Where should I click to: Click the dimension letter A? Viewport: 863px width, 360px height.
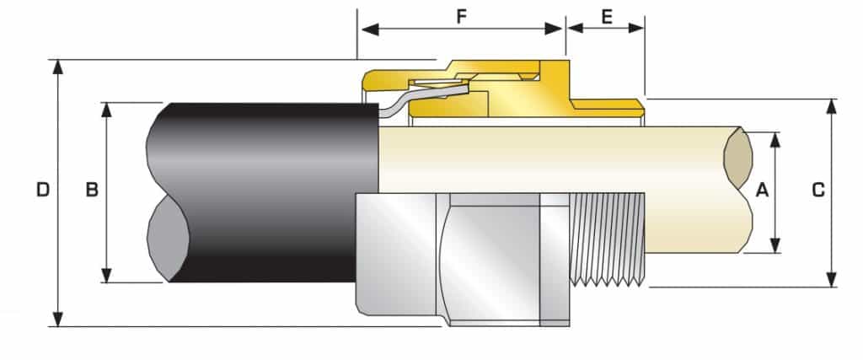(x=762, y=191)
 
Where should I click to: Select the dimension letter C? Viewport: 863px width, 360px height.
(x=817, y=191)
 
